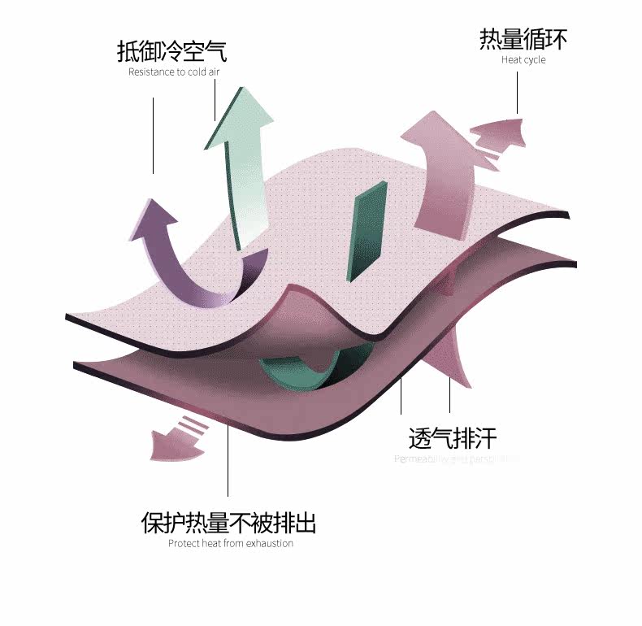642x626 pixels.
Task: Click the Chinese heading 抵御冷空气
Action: (171, 51)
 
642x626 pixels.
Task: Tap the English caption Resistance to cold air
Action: (174, 72)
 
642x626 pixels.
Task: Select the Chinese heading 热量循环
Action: (523, 39)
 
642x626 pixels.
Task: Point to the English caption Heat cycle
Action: (523, 60)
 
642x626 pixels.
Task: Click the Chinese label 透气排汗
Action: (452, 439)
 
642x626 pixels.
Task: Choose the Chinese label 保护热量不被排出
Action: (229, 522)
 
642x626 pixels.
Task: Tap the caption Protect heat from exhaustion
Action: (231, 543)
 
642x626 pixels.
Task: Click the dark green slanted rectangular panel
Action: (365, 233)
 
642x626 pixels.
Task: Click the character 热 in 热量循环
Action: (490, 39)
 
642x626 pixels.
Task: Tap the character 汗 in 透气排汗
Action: (484, 439)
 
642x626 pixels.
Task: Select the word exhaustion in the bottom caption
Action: (269, 543)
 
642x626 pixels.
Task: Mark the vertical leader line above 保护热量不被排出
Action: (228, 459)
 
